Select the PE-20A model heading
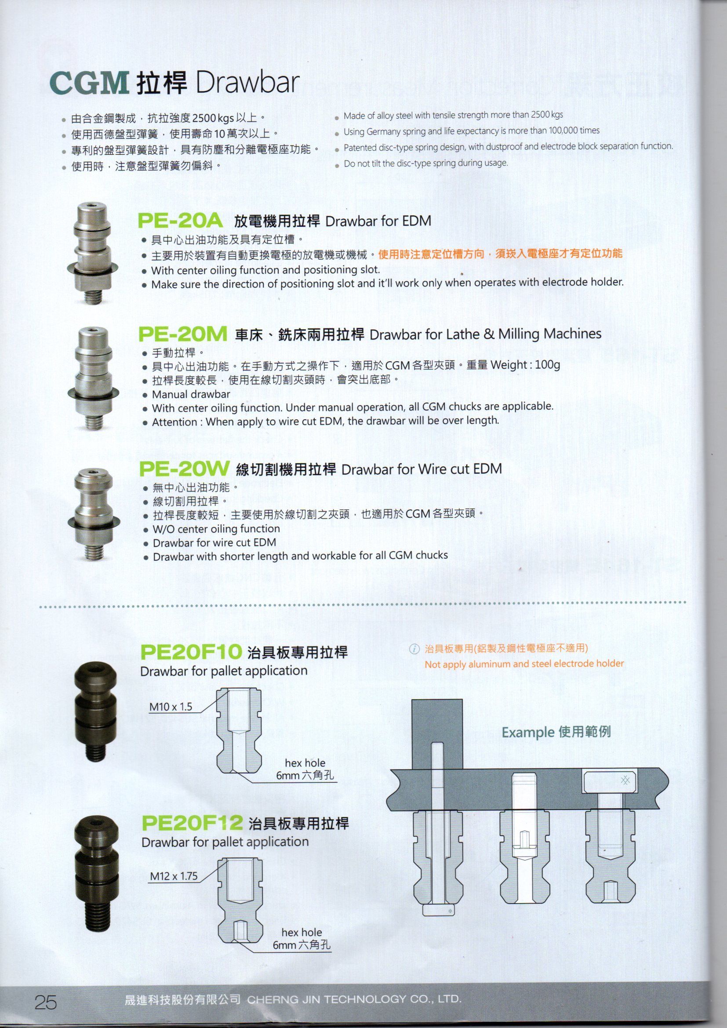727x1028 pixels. pos(180,221)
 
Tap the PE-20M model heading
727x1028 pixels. pos(182,334)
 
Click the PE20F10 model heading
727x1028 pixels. pos(191,652)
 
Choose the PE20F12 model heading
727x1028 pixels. pos(192,822)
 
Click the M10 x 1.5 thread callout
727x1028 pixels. pos(171,707)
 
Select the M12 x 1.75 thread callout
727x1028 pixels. pos(174,876)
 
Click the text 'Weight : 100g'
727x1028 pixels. pos(525,365)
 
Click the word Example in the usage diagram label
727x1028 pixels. pos(528,733)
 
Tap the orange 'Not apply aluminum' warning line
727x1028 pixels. pos(524,664)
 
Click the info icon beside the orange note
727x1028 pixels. pos(414,648)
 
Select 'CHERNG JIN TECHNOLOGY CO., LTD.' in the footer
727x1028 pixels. pos(354,999)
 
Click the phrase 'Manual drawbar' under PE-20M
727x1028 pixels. pos(191,394)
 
